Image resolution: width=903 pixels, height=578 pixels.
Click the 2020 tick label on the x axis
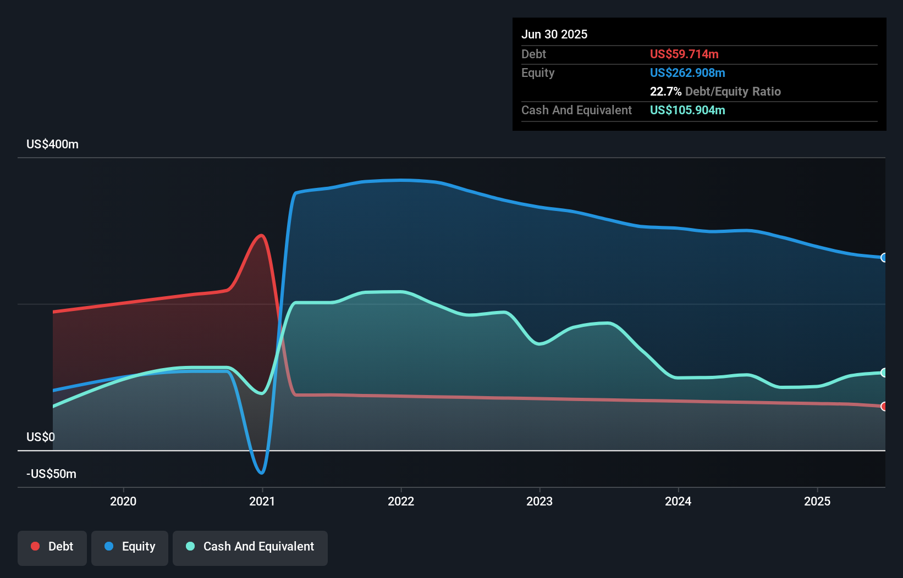123,501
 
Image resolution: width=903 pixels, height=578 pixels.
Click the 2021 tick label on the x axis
262,501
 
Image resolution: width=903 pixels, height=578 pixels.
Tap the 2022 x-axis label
401,501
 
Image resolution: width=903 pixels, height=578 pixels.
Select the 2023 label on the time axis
539,501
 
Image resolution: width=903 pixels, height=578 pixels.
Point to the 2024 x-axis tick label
678,501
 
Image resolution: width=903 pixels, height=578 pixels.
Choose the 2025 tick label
817,501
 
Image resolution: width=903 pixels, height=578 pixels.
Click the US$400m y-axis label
52,144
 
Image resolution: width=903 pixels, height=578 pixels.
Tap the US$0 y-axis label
41,437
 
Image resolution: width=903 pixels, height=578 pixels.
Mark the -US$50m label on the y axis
51,474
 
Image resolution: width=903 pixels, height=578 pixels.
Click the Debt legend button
52,547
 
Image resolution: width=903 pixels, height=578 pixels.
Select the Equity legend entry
130,547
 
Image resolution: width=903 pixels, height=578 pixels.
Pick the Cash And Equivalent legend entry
250,547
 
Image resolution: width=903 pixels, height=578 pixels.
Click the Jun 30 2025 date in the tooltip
554,35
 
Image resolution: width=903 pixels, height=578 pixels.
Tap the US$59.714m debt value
684,54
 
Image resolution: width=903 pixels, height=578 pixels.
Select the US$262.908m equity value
687,73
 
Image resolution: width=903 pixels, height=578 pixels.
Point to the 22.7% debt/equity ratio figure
665,92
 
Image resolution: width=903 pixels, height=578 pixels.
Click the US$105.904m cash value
687,110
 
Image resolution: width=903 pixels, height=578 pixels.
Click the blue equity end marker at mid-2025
884,258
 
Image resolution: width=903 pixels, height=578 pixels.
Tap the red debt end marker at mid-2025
884,407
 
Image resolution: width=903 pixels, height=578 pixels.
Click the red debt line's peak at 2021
262,236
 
